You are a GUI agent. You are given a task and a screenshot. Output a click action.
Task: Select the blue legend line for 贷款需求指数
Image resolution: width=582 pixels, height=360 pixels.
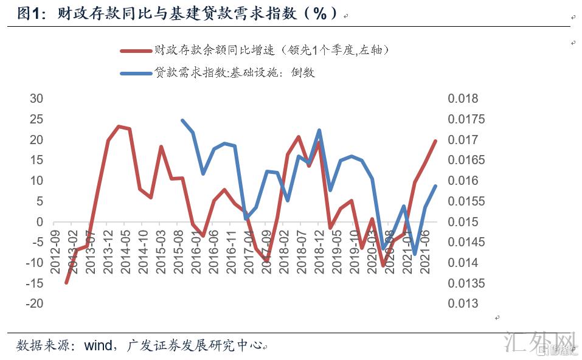click(135, 74)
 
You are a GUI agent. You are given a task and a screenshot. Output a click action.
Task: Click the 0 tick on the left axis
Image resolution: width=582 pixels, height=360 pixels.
click(40, 222)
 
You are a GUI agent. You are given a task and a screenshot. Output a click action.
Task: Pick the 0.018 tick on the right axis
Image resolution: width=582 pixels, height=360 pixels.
click(463, 99)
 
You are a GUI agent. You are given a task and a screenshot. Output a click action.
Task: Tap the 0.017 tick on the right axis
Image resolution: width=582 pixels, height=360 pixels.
click(463, 140)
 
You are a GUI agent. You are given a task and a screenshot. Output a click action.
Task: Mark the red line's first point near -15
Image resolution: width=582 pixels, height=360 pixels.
click(66, 283)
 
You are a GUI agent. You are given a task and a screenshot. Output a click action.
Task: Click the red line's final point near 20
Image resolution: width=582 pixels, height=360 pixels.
click(435, 141)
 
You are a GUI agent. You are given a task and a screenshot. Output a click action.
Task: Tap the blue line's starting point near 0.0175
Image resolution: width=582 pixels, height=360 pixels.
click(182, 120)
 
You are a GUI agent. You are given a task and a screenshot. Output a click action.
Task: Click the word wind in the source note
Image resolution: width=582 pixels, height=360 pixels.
click(97, 345)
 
